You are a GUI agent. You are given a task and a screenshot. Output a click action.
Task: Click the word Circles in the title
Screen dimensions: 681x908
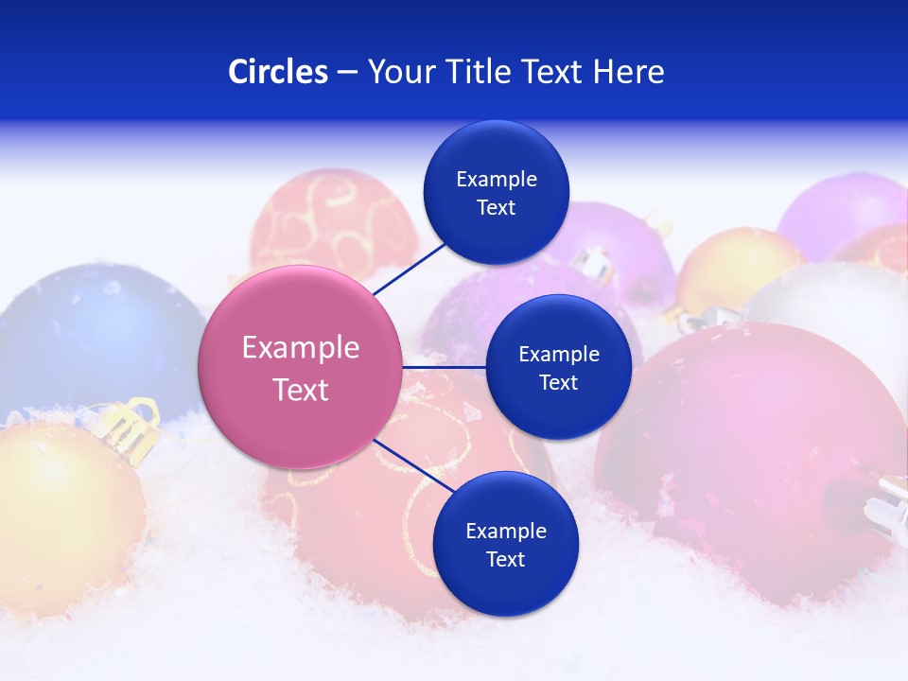tap(278, 72)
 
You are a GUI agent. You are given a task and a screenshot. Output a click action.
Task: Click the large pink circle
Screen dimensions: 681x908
tap(301, 367)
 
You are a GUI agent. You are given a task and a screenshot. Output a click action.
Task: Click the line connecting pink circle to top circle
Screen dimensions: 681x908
tap(410, 268)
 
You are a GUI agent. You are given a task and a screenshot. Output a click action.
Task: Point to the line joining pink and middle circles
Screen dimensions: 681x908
tap(445, 366)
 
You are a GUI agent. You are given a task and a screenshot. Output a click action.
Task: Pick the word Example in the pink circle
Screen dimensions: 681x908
tap(301, 348)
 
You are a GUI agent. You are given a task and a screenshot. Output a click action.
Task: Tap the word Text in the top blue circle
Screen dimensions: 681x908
tap(496, 208)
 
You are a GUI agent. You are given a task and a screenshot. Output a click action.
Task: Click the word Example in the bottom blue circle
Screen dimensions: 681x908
tap(505, 531)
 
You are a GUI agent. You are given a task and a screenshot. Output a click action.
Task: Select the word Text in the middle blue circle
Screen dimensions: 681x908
tap(558, 382)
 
